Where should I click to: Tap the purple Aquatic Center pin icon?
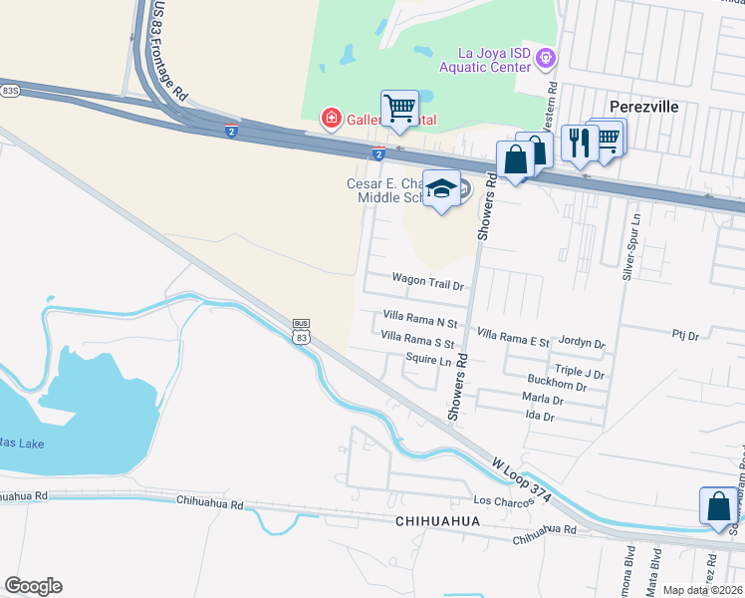545,59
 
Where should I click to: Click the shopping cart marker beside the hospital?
399,109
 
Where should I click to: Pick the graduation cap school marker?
441,187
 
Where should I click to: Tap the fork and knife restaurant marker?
578,143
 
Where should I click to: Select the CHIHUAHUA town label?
438,521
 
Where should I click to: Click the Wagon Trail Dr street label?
428,283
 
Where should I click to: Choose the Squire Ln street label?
429,358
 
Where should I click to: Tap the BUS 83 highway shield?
301,332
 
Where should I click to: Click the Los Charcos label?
498,499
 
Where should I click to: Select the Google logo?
33,586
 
